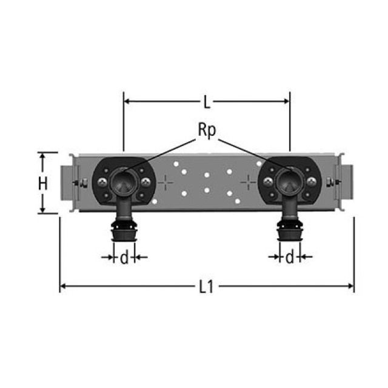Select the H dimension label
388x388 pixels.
(x=42, y=184)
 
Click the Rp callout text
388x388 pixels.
(x=207, y=130)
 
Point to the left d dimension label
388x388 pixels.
(x=124, y=258)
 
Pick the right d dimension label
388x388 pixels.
(x=290, y=258)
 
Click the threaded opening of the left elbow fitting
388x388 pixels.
(x=124, y=180)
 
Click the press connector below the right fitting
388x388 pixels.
(x=290, y=232)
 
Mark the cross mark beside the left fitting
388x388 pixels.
(x=166, y=182)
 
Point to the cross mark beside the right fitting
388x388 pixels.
(x=248, y=182)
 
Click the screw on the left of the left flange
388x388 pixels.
(x=102, y=182)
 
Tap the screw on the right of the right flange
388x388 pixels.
(x=312, y=182)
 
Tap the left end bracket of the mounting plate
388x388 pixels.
(x=68, y=182)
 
